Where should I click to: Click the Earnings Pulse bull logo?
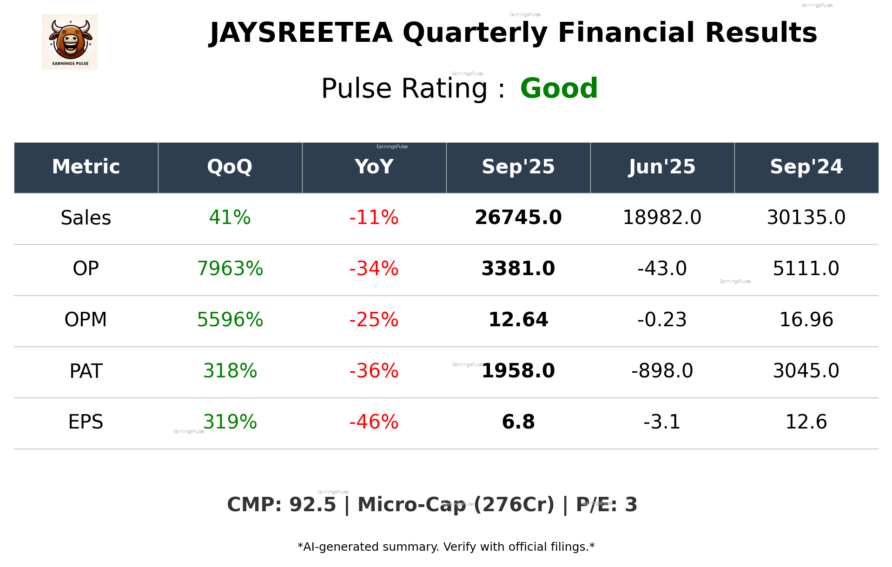(x=70, y=42)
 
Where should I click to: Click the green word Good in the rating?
(x=559, y=88)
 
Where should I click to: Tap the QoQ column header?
(x=230, y=167)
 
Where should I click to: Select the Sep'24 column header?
(x=806, y=167)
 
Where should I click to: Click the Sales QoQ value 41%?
(x=230, y=218)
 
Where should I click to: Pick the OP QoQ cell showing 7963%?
(x=230, y=269)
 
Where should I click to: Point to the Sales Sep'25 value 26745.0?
(x=518, y=218)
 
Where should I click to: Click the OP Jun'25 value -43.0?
(x=662, y=269)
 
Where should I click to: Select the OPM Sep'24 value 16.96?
(x=806, y=320)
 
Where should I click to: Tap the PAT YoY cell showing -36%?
(x=374, y=371)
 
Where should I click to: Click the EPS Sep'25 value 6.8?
(x=518, y=422)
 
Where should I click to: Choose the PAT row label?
(x=86, y=371)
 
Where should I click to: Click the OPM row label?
(x=86, y=320)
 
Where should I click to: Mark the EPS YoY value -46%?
(x=374, y=422)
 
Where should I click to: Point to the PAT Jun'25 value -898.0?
(x=662, y=371)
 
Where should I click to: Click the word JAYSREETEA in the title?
(x=301, y=33)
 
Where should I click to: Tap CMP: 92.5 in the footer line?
(x=281, y=505)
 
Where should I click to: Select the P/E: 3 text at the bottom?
(x=607, y=505)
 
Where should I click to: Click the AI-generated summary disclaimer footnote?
(x=446, y=547)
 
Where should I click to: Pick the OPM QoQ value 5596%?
(x=230, y=320)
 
